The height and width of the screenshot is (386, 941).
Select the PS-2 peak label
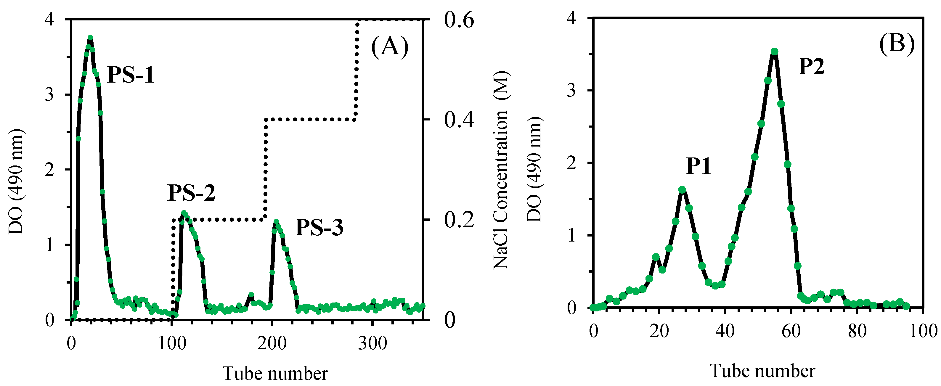(x=191, y=192)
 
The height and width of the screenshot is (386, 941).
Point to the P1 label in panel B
(x=698, y=166)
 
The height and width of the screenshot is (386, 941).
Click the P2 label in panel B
(x=811, y=67)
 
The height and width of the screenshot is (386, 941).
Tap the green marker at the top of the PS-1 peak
(x=90, y=38)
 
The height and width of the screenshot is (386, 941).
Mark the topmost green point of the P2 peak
(x=774, y=52)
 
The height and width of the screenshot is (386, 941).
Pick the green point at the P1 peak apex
(x=682, y=189)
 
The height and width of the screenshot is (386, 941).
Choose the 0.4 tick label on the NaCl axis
(x=459, y=119)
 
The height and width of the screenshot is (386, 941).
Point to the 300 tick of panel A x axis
(x=372, y=344)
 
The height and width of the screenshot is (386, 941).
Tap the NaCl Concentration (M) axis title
(x=500, y=170)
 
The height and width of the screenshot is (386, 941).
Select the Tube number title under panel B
(x=762, y=371)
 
